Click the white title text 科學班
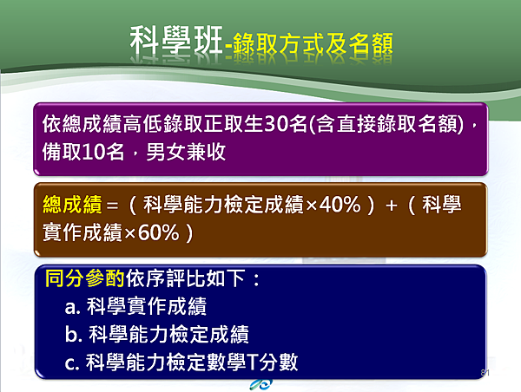(175, 41)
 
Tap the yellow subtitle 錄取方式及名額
(313, 44)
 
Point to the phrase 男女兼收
(186, 152)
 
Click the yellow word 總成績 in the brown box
(72, 204)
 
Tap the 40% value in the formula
(340, 204)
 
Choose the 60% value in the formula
(159, 232)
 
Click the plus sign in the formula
(392, 206)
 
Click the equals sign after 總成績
(112, 206)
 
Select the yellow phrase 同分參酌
(85, 278)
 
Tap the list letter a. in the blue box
(73, 307)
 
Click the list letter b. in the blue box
(74, 334)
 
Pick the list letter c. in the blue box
(72, 363)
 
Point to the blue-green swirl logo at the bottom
(261, 385)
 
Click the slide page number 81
(485, 373)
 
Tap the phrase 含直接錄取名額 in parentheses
(386, 124)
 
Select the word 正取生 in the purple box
(234, 123)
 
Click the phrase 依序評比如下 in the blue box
(186, 278)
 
